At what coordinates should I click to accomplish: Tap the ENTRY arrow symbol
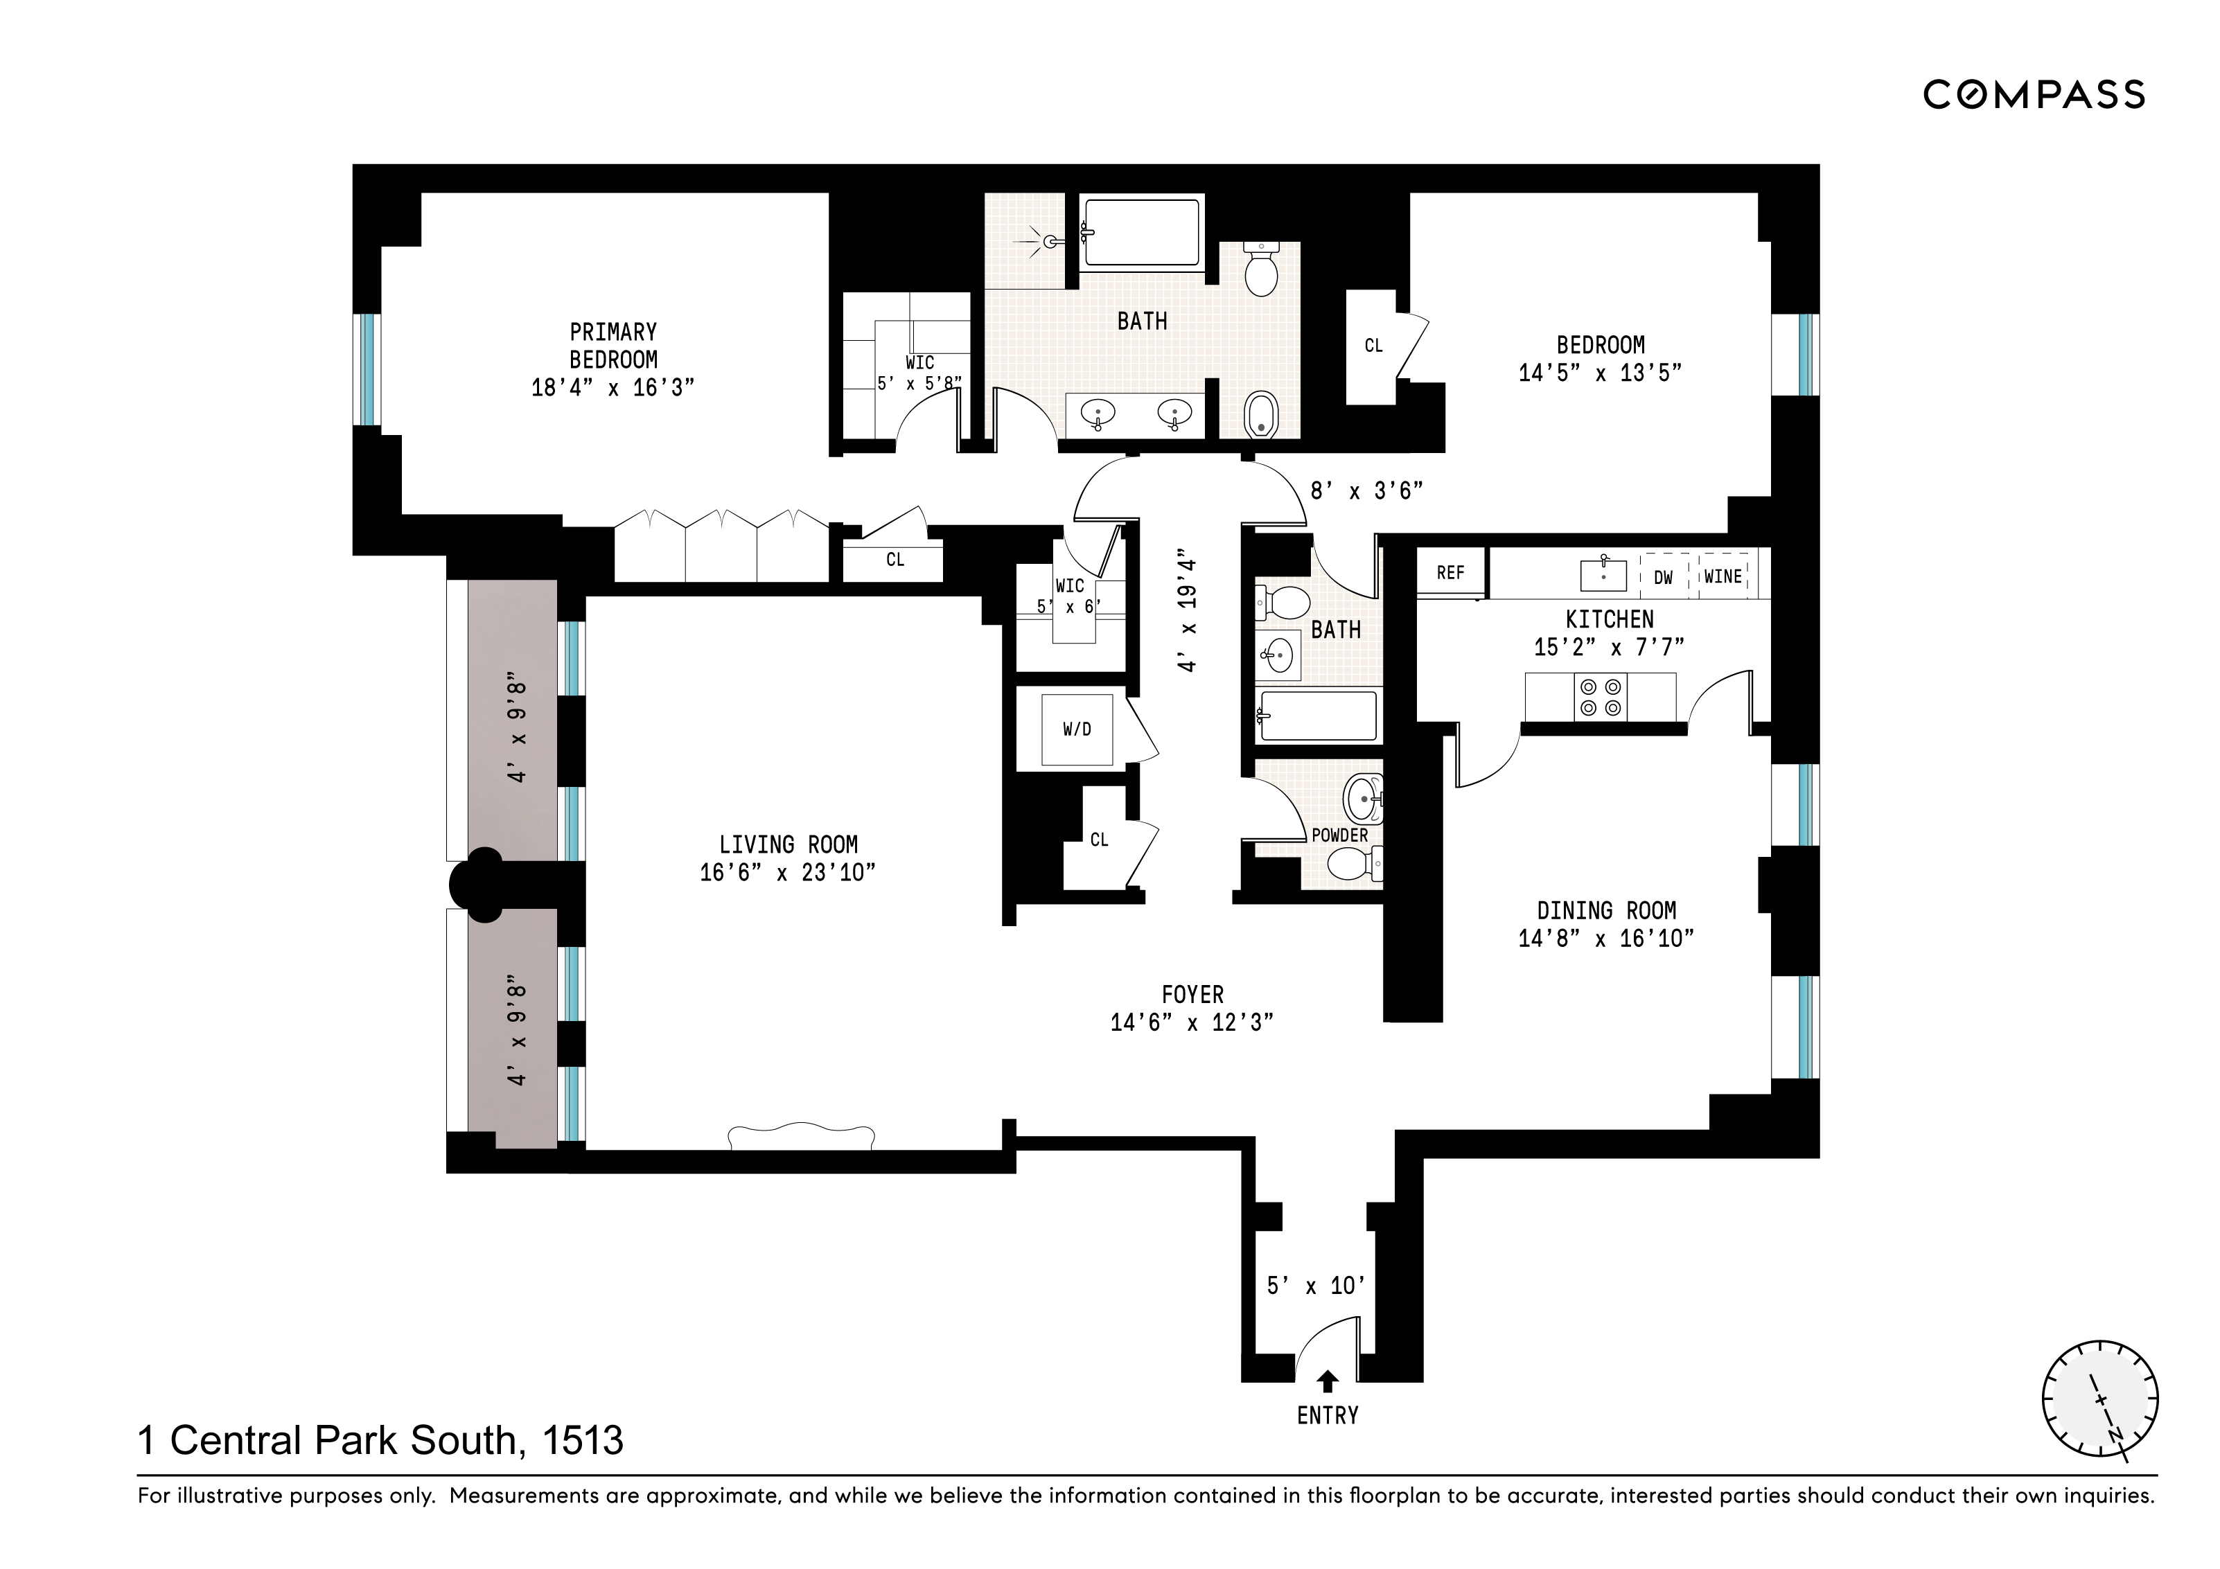point(1328,1381)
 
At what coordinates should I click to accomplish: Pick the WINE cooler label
point(1723,577)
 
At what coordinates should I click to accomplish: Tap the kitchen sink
point(1603,575)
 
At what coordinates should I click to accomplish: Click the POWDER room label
point(1339,835)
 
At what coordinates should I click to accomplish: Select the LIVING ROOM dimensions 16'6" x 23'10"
point(787,873)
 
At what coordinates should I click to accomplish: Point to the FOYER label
point(1192,995)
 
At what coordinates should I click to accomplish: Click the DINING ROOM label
point(1606,911)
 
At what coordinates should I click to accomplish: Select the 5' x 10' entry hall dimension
point(1316,1286)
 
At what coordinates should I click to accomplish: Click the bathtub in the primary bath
point(1141,232)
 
